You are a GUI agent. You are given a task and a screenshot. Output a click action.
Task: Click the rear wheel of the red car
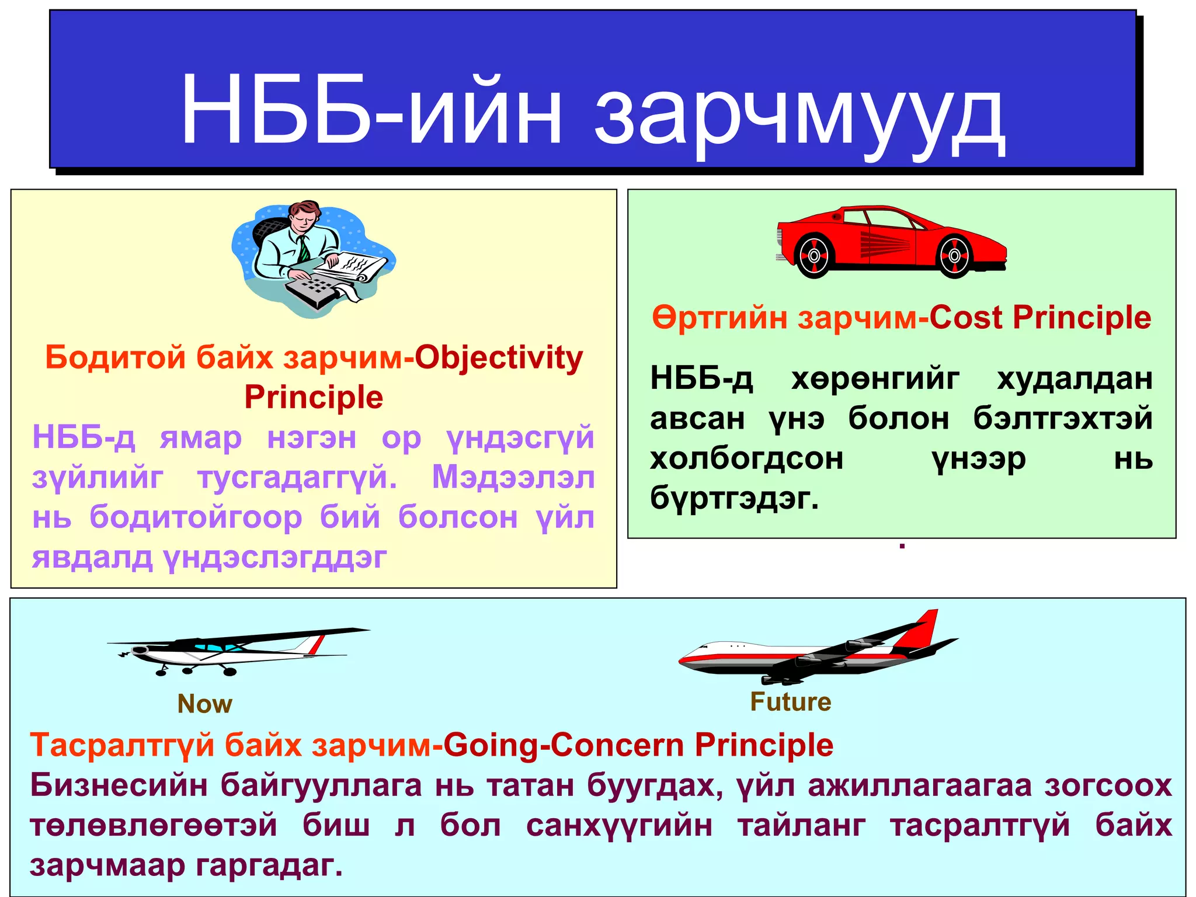pos(813,255)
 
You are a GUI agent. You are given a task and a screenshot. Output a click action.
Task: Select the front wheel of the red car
pos(954,256)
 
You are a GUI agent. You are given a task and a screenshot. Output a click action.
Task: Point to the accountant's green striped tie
pos(304,248)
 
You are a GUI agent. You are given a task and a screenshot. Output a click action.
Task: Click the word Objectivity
pos(499,357)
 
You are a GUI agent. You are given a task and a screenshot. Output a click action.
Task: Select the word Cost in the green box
pos(966,318)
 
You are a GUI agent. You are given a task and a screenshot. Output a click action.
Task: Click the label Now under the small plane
pos(204,704)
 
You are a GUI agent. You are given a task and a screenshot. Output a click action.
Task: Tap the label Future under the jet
pos(790,701)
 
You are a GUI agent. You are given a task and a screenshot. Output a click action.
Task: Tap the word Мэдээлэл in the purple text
pos(513,478)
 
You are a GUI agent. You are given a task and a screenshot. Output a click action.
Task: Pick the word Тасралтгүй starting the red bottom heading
pos(122,745)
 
